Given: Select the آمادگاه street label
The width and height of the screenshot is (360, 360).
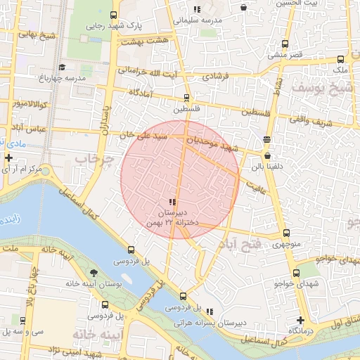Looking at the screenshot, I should click(143, 93).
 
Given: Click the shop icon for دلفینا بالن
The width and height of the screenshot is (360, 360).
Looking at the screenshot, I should click(267, 156).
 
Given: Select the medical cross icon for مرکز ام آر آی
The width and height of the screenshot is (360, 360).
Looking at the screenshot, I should click(8, 157).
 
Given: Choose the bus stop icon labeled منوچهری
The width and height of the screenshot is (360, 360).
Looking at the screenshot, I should click(285, 233).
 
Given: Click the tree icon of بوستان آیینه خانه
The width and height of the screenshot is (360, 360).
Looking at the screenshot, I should click(94, 272).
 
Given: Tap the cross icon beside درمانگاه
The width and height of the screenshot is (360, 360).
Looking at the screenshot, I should click(300, 320).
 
